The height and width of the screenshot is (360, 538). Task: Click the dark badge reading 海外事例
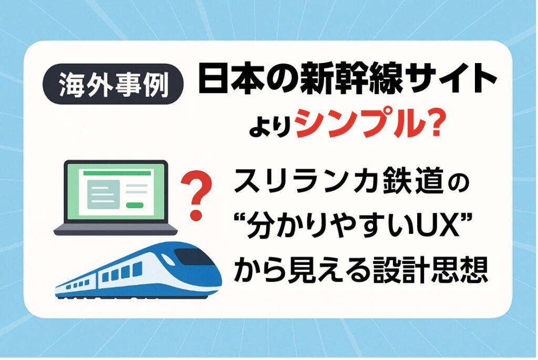tap(113, 84)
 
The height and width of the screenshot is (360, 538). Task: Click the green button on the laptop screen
tap(135, 205)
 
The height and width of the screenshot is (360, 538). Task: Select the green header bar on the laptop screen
tap(117, 173)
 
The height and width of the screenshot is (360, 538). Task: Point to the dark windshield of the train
tap(193, 256)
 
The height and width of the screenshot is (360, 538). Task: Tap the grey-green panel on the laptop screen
tap(104, 194)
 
